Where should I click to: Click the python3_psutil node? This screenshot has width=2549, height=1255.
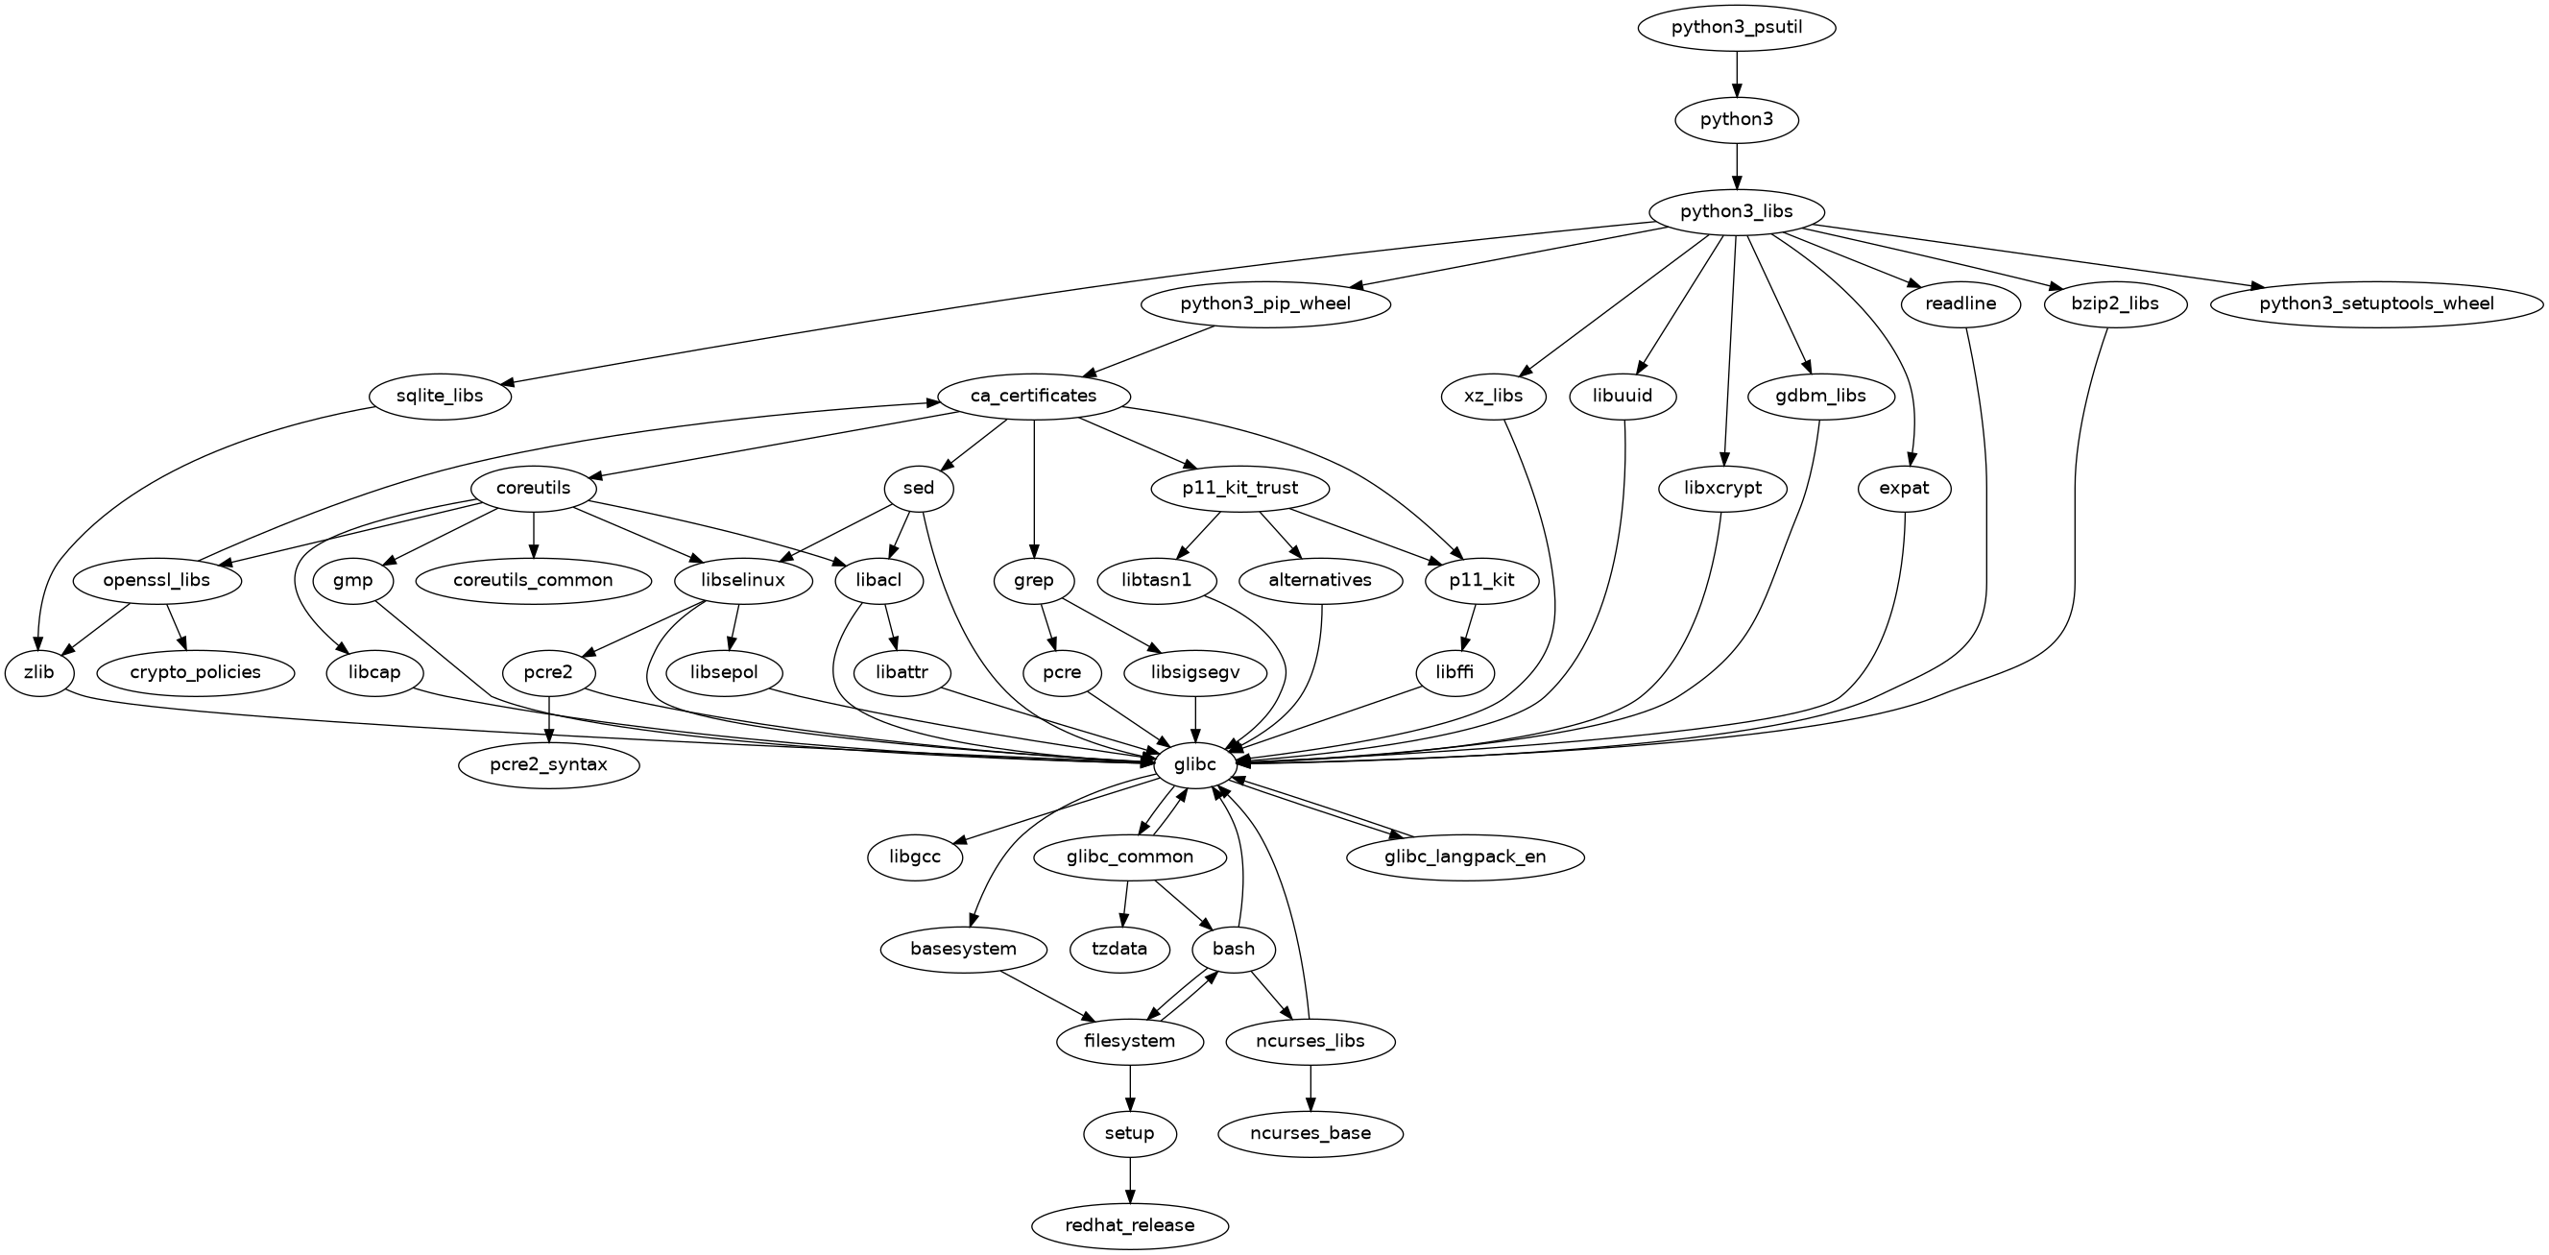click(1737, 28)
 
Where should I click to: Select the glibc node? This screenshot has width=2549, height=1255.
click(1194, 764)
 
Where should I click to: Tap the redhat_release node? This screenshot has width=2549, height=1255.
click(1129, 1225)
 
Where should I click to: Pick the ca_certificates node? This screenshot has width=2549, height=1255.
click(1033, 396)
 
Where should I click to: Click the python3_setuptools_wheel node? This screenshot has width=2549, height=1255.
click(2376, 303)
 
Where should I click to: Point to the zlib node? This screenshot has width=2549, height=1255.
click(38, 673)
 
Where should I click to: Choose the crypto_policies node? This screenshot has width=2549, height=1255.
click(195, 673)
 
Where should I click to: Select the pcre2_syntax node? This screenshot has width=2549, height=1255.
click(548, 765)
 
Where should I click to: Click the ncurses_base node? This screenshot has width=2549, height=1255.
click(1311, 1133)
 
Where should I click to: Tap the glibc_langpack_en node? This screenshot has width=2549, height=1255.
click(1465, 857)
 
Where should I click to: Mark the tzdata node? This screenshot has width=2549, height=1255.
click(1120, 949)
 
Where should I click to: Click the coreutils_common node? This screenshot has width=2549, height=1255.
click(534, 581)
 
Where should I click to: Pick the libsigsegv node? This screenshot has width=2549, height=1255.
click(1196, 673)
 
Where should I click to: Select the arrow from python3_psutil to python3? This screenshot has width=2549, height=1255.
click(1737, 74)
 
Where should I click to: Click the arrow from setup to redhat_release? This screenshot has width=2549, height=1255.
click(1129, 1180)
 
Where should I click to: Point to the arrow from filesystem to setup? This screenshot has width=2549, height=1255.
click(1130, 1088)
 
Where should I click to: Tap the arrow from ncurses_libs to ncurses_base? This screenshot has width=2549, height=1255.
click(1311, 1088)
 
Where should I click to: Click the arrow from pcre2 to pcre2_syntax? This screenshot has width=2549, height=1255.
click(548, 719)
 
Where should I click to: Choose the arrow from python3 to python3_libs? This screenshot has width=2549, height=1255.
click(1737, 166)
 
